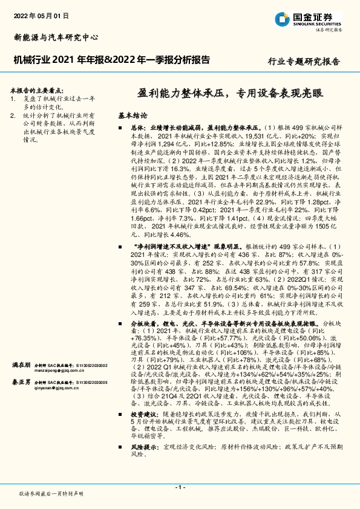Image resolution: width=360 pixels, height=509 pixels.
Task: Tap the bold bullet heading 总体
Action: (139, 128)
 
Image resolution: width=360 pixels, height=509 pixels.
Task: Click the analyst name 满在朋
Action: (21, 366)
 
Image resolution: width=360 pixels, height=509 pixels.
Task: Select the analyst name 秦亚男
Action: (21, 382)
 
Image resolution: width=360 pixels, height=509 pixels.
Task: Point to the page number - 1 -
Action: (180, 487)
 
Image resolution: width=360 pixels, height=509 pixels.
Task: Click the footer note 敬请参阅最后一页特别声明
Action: (51, 494)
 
